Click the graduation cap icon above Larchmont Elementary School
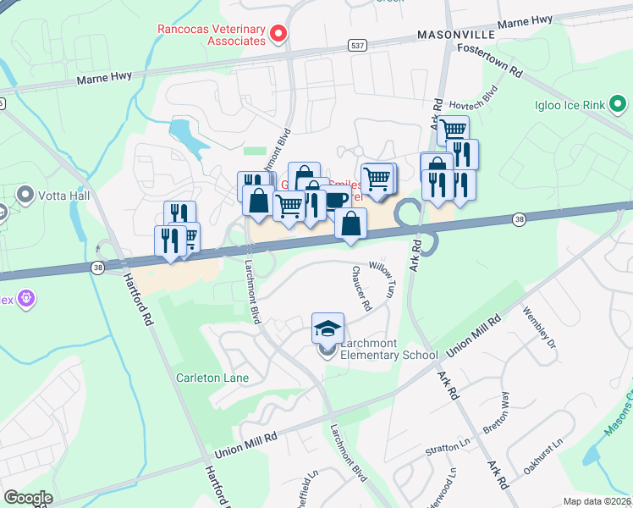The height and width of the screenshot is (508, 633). (328, 328)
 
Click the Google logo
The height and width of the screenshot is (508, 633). (28, 498)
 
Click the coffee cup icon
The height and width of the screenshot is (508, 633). (335, 200)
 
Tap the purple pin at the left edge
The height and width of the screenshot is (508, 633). (25, 298)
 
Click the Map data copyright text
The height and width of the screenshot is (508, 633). (597, 501)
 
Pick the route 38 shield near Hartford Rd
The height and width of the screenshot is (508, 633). (98, 267)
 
